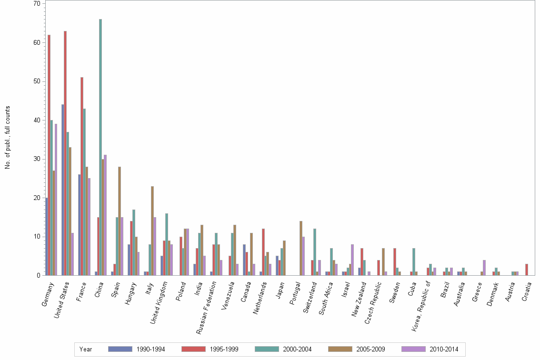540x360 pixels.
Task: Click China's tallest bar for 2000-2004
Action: tap(100, 148)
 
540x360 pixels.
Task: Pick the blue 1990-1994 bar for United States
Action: tap(63, 190)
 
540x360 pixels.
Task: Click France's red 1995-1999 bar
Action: tap(82, 177)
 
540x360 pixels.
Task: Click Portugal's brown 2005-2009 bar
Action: tap(301, 248)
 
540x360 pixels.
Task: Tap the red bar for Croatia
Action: tap(527, 270)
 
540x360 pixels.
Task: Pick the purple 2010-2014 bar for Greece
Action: tap(484, 268)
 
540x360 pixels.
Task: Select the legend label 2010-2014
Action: tap(444, 350)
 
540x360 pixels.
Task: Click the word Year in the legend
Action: tap(86, 350)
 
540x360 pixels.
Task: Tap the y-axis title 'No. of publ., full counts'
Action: tap(8, 138)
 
